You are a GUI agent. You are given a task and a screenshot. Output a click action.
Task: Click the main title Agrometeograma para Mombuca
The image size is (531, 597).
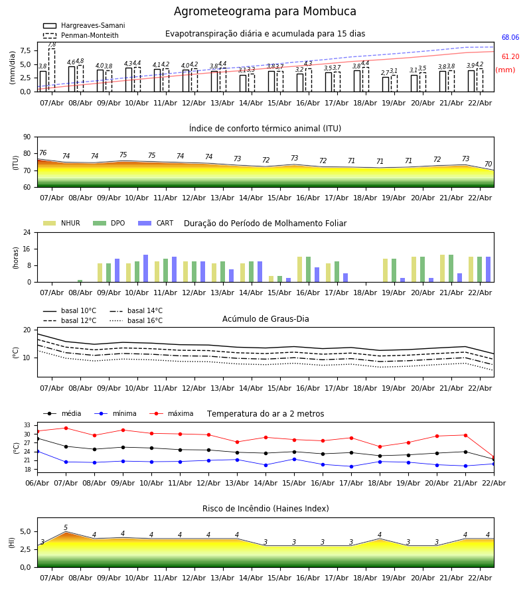[x=265, y=12]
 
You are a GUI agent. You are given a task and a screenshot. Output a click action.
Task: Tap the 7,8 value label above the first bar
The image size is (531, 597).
[x=52, y=44]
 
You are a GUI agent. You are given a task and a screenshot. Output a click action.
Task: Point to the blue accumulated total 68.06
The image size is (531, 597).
[x=510, y=38]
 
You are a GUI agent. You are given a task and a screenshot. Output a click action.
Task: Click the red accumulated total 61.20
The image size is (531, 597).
[x=510, y=57]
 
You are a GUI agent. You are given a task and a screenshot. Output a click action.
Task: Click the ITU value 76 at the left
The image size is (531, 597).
[x=42, y=153]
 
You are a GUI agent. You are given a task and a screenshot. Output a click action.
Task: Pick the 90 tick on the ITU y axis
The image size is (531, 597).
[x=27, y=137]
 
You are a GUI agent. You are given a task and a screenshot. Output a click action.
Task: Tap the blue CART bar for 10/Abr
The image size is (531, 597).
[x=145, y=269]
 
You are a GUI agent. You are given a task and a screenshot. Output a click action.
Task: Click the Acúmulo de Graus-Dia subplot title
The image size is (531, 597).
[x=265, y=319]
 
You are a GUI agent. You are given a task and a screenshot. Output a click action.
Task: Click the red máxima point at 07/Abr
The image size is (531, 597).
[x=66, y=428]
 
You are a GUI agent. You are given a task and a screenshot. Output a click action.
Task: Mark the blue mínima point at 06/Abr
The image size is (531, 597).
[x=37, y=451]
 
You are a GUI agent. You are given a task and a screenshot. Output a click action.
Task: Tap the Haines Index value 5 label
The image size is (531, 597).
[x=66, y=528]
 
